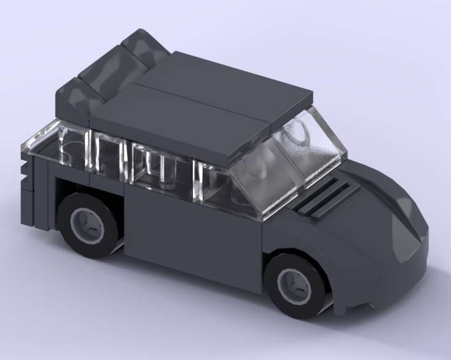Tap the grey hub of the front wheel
[295, 286]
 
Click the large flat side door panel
[189, 235]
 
